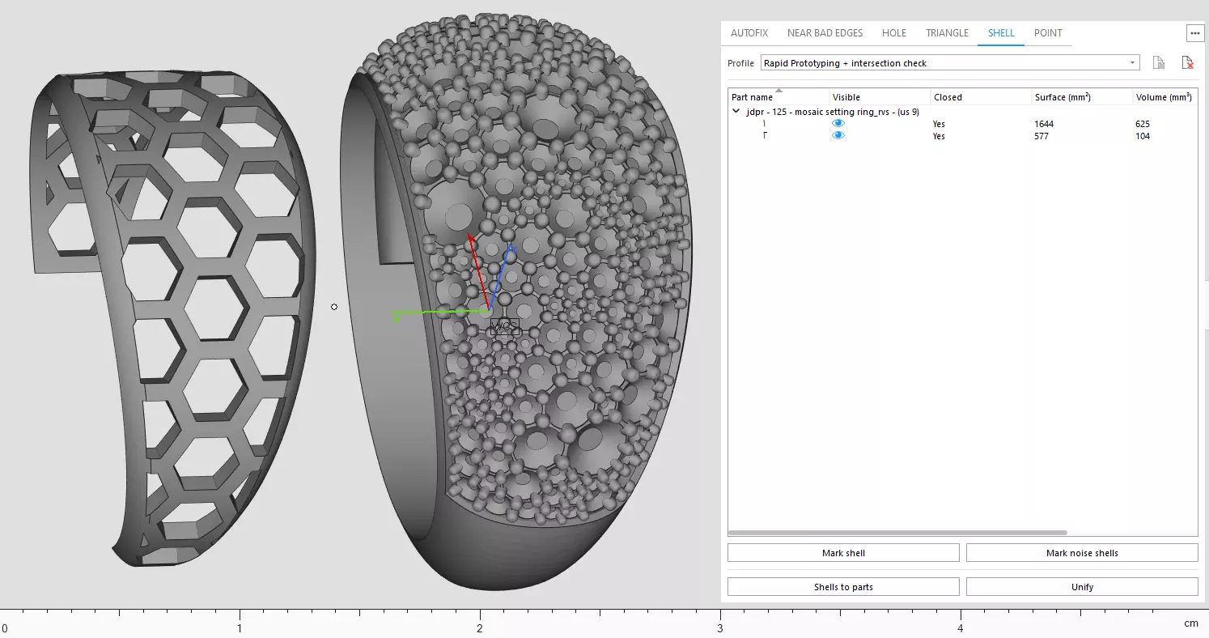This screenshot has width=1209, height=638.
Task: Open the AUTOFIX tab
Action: pos(749,33)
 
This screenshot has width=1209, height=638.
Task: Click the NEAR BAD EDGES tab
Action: pos(825,33)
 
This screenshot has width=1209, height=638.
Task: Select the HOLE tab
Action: pos(894,33)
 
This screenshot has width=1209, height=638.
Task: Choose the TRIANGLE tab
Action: pos(947,33)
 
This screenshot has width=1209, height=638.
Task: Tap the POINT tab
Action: pos(1048,33)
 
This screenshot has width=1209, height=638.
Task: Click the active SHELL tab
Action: pos(1001,33)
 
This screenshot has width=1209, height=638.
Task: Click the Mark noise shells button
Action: pos(1082,553)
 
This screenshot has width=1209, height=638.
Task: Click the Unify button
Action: pos(1082,587)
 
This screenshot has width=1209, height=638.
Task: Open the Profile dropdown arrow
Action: pos(1132,63)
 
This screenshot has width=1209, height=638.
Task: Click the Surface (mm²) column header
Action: pos(1062,97)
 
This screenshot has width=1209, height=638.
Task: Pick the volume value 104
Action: pos(1142,136)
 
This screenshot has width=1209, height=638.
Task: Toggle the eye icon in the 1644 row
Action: pos(838,123)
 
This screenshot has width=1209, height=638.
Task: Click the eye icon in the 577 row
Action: pos(838,135)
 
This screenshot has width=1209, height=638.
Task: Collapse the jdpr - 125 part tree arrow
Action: pos(736,112)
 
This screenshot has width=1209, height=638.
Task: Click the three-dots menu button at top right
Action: pos(1194,33)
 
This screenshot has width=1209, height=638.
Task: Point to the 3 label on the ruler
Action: pos(720,627)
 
